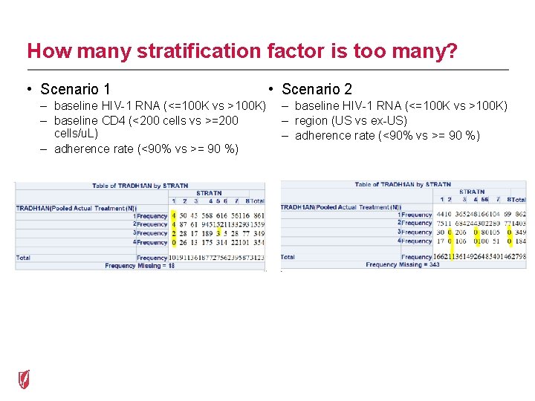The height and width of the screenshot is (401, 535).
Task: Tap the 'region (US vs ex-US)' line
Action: [351, 120]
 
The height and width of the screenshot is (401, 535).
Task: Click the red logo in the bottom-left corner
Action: [25, 379]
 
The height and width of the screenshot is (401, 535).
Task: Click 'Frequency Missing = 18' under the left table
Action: [140, 265]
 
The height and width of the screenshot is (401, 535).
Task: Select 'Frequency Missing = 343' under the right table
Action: [402, 264]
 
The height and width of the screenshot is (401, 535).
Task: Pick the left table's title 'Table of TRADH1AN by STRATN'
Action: [141, 185]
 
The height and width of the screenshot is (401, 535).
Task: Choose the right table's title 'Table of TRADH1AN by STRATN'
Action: [403, 184]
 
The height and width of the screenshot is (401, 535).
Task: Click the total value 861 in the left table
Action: [258, 215]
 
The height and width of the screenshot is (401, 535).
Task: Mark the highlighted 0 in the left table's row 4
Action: [174, 242]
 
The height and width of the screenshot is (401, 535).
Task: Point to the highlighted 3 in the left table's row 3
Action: [218, 233]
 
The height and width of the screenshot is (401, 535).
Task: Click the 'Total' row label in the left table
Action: [24, 258]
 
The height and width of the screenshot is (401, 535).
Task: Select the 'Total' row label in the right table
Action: [288, 257]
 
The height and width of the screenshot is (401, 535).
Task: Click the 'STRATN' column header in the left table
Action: [209, 193]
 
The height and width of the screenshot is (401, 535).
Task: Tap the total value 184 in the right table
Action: [520, 241]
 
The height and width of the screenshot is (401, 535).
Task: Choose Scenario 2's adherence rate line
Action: [387, 135]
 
